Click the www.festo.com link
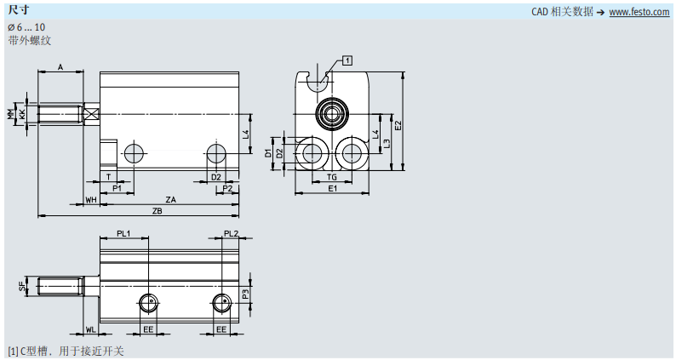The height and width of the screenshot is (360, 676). pos(639,12)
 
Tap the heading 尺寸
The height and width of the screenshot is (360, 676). pos(19,9)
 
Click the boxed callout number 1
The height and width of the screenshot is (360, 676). pos(347,60)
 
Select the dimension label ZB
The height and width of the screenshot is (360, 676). pos(158,211)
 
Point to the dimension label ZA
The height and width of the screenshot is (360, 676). pos(171,200)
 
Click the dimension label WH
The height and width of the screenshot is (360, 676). pos(91,200)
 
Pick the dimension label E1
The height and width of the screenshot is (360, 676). pos(332,188)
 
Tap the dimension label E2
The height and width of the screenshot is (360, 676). pos(398,125)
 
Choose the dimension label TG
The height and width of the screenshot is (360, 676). pos(331,177)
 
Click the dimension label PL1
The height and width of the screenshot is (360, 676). pos(123,233)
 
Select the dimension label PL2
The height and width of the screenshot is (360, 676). pos(231,233)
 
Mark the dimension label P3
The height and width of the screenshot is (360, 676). pos(245,294)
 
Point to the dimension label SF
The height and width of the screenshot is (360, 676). pos(22,286)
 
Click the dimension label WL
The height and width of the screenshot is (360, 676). pos(90,330)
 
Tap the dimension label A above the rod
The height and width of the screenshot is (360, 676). pos(60,67)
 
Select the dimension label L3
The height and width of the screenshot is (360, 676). pos(387,144)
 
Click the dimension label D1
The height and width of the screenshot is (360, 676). pos(267,152)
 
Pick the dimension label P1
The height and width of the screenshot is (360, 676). pos(117,188)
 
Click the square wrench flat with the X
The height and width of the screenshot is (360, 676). pos(92,115)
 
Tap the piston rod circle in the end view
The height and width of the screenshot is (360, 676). pos(331,114)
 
